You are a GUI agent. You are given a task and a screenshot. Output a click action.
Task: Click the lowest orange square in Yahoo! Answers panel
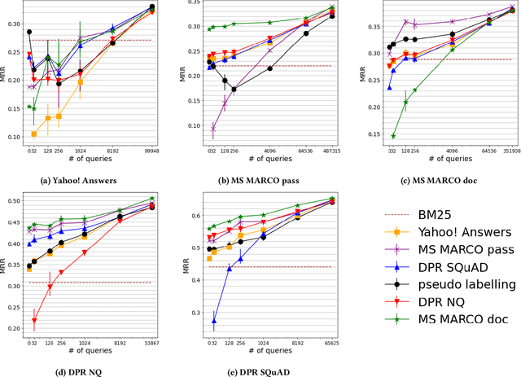click(x=33, y=134)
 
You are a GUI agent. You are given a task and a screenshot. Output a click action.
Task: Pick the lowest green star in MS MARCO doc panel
click(x=393, y=136)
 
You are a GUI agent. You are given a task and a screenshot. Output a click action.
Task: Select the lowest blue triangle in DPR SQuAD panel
click(x=214, y=322)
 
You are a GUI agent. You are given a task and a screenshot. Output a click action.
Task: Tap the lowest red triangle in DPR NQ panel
click(x=34, y=320)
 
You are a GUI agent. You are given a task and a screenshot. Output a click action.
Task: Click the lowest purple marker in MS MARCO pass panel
click(x=213, y=128)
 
